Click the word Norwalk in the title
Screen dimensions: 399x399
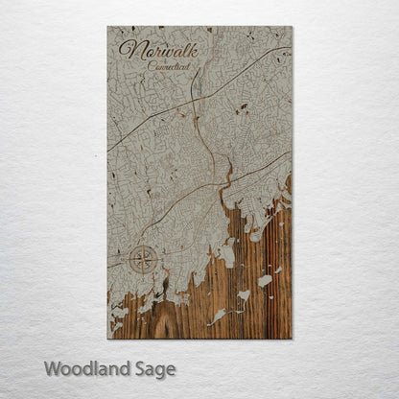[158, 49]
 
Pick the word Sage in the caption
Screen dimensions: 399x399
[154, 369]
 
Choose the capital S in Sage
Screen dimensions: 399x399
[139, 368]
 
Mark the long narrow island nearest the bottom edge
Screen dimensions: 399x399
[218, 316]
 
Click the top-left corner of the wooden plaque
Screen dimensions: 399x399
[107, 27]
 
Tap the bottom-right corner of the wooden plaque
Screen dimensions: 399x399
[292, 339]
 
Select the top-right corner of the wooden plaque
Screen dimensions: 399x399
[292, 27]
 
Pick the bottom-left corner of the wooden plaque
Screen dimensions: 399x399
[107, 339]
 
